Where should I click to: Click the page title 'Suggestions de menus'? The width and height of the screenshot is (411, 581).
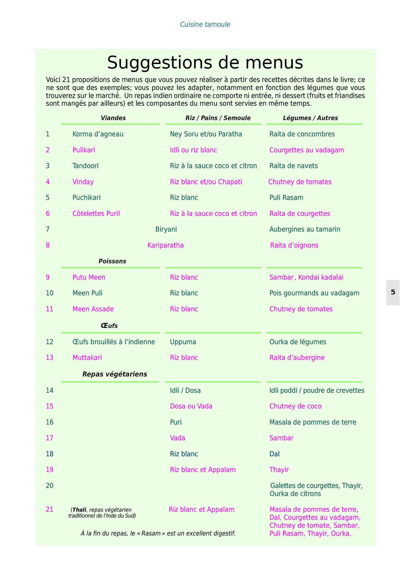click(x=205, y=62)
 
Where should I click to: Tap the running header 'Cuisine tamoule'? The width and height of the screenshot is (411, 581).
click(x=205, y=25)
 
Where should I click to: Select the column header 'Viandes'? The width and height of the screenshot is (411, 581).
click(x=113, y=118)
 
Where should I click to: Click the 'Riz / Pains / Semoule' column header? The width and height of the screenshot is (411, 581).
click(x=218, y=118)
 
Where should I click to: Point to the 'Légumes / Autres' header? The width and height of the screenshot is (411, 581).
click(x=310, y=118)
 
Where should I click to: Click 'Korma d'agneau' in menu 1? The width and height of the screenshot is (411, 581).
click(x=98, y=134)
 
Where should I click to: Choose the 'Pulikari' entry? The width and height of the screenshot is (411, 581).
click(x=84, y=150)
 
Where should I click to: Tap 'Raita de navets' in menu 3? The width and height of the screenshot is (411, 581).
click(x=293, y=166)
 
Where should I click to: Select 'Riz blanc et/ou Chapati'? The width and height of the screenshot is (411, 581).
click(x=206, y=182)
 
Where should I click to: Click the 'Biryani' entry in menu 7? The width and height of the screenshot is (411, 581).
click(x=166, y=229)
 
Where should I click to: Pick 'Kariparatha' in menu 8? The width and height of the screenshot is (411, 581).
click(x=165, y=245)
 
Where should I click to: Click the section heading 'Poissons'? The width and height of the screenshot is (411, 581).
click(x=112, y=261)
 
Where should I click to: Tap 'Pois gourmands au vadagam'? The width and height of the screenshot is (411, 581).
click(x=314, y=293)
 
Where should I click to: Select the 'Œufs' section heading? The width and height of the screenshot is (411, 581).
click(x=109, y=326)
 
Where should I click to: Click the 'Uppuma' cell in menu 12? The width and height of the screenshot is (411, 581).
click(x=183, y=342)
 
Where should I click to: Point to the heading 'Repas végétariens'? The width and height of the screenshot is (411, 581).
click(x=115, y=374)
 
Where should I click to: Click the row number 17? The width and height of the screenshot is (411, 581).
click(x=49, y=438)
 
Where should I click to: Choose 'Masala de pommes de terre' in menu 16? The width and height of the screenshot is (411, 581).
click(x=313, y=422)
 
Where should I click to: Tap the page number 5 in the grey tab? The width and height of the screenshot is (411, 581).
click(x=393, y=292)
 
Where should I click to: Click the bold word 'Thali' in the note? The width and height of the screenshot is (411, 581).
click(x=79, y=510)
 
